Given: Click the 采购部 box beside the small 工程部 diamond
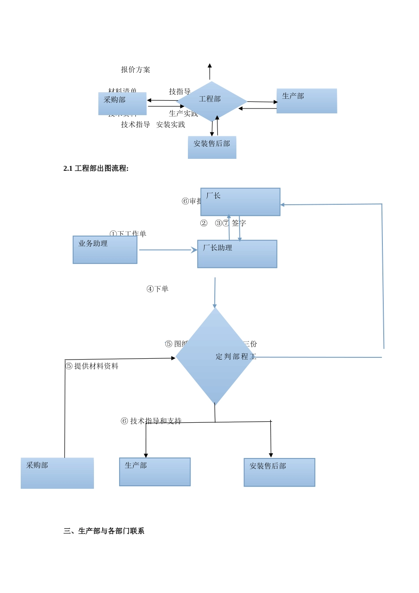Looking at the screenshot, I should pyautogui.click(x=122, y=104).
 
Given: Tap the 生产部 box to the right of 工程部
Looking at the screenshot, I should pyautogui.click(x=307, y=101).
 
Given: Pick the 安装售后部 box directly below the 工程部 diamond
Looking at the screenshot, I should pyautogui.click(x=212, y=147).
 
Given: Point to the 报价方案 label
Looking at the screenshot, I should pyautogui.click(x=135, y=70).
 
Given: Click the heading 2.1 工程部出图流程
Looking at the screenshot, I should pyautogui.click(x=96, y=169).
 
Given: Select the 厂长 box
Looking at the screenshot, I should pyautogui.click(x=240, y=202).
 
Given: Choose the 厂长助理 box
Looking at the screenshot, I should pyautogui.click(x=237, y=254).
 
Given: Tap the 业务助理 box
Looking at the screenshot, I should pyautogui.click(x=105, y=250).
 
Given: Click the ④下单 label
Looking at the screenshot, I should pyautogui.click(x=157, y=289).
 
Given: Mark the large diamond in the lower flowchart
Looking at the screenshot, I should pyautogui.click(x=215, y=357).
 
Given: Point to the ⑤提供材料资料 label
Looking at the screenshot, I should pyautogui.click(x=92, y=366).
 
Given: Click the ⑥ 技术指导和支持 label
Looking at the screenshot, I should pyautogui.click(x=151, y=421).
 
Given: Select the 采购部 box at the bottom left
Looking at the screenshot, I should pyautogui.click(x=57, y=473).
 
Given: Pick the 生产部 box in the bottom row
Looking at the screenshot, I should pyautogui.click(x=155, y=472).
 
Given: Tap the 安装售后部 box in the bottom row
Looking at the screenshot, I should pyautogui.click(x=279, y=472).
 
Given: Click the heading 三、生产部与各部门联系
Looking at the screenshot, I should pyautogui.click(x=104, y=531).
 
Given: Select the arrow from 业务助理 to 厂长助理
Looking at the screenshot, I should pyautogui.click(x=168, y=250).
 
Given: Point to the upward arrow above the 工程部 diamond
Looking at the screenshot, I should pyautogui.click(x=209, y=71).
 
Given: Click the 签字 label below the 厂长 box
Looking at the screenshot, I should pyautogui.click(x=239, y=223).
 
